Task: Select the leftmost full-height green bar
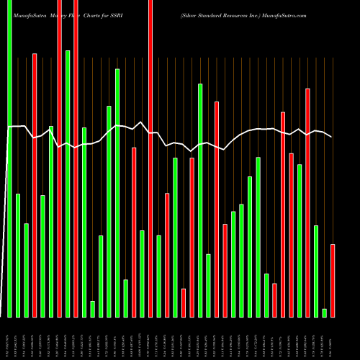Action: point(9,158)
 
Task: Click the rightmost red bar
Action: point(333,281)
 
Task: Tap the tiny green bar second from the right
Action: point(324,312)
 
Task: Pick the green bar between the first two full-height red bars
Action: point(68,184)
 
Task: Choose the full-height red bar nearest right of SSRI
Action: point(150,158)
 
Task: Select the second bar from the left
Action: point(18,256)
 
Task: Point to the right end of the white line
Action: point(332,137)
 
